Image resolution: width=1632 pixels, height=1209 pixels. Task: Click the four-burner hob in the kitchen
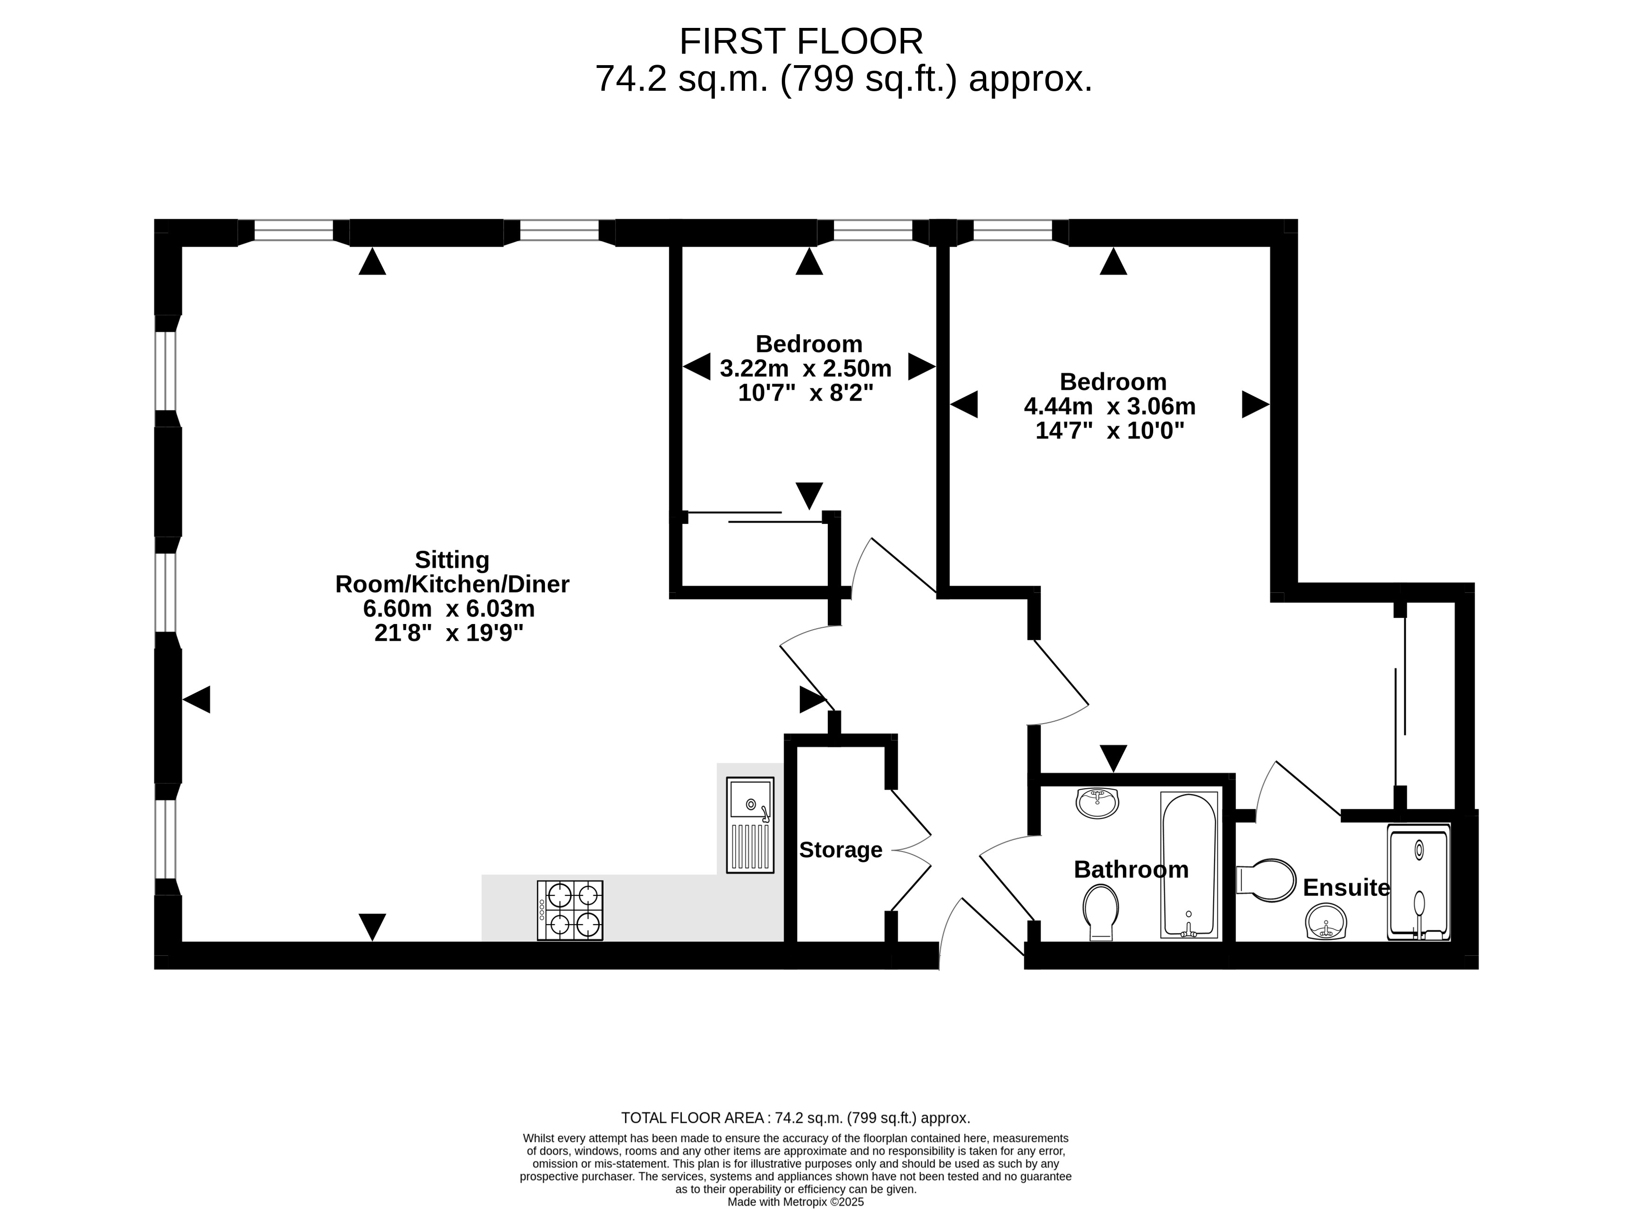(x=570, y=910)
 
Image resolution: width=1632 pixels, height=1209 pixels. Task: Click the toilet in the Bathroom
(x=1101, y=912)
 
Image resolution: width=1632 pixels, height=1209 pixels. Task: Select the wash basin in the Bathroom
(x=1097, y=803)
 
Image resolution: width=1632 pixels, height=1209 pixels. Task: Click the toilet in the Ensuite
(x=1265, y=880)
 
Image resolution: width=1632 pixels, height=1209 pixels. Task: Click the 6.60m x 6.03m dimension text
(x=449, y=608)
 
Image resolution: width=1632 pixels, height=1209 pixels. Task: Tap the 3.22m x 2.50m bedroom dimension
(x=805, y=368)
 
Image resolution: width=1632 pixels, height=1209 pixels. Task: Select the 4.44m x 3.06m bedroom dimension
(x=1109, y=406)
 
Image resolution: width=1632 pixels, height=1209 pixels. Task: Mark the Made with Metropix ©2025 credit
(x=795, y=1202)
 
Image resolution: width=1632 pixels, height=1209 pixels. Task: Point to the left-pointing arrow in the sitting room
(x=196, y=699)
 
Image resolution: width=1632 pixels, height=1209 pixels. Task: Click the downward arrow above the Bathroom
(x=1113, y=758)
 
